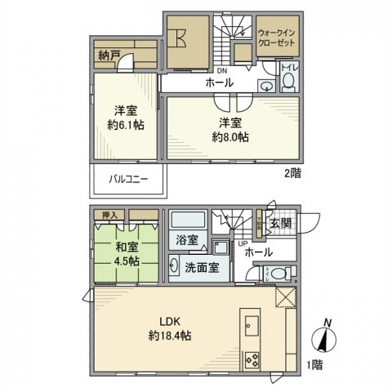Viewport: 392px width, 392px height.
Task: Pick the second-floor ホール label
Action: [x=219, y=83]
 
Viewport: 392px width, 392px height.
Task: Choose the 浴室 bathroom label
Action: [x=187, y=241]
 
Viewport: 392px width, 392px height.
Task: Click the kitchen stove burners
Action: [x=251, y=357]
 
